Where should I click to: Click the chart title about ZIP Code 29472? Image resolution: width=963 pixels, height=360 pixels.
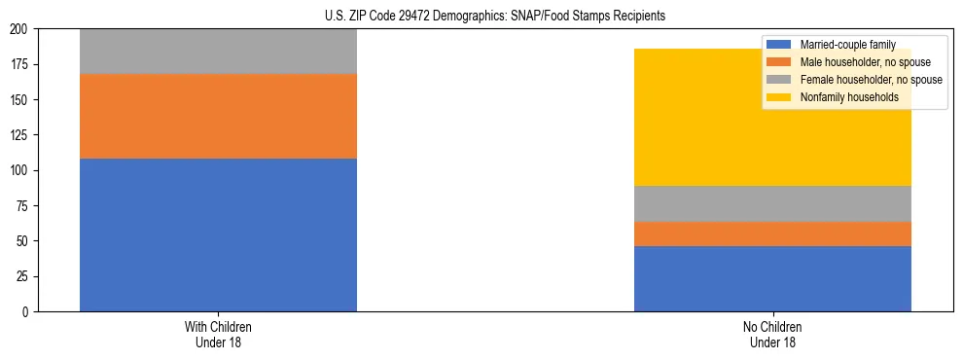(495, 17)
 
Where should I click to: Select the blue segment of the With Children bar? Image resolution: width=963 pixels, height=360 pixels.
(218, 234)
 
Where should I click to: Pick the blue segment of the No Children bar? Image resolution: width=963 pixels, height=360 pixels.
(772, 278)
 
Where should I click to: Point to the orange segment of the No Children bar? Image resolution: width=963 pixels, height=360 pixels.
(772, 234)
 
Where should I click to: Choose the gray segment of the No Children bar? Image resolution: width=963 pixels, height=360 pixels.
(772, 203)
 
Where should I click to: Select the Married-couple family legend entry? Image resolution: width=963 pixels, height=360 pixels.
(841, 45)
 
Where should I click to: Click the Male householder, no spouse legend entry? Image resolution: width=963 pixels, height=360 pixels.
(855, 62)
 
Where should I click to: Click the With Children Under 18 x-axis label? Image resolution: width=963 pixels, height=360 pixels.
(218, 334)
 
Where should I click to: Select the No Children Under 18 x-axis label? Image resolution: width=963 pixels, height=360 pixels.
(772, 334)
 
